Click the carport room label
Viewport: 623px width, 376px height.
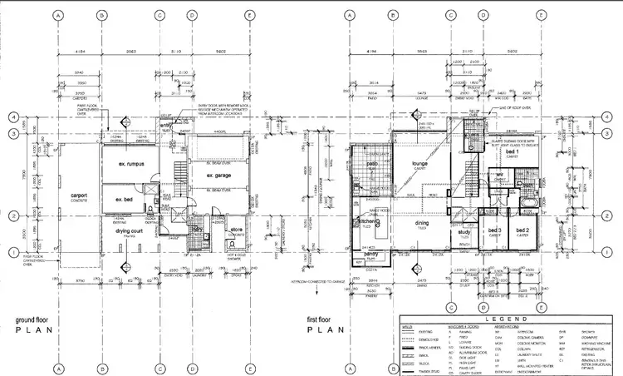point(79,195)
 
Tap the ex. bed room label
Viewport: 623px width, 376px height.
point(125,200)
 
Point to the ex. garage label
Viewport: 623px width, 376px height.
point(212,175)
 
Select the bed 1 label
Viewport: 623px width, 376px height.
point(513,152)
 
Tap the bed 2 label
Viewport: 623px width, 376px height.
point(523,230)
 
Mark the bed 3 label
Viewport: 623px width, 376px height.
point(494,230)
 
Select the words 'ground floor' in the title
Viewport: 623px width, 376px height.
point(34,319)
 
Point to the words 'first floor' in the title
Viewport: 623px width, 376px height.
point(325,319)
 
